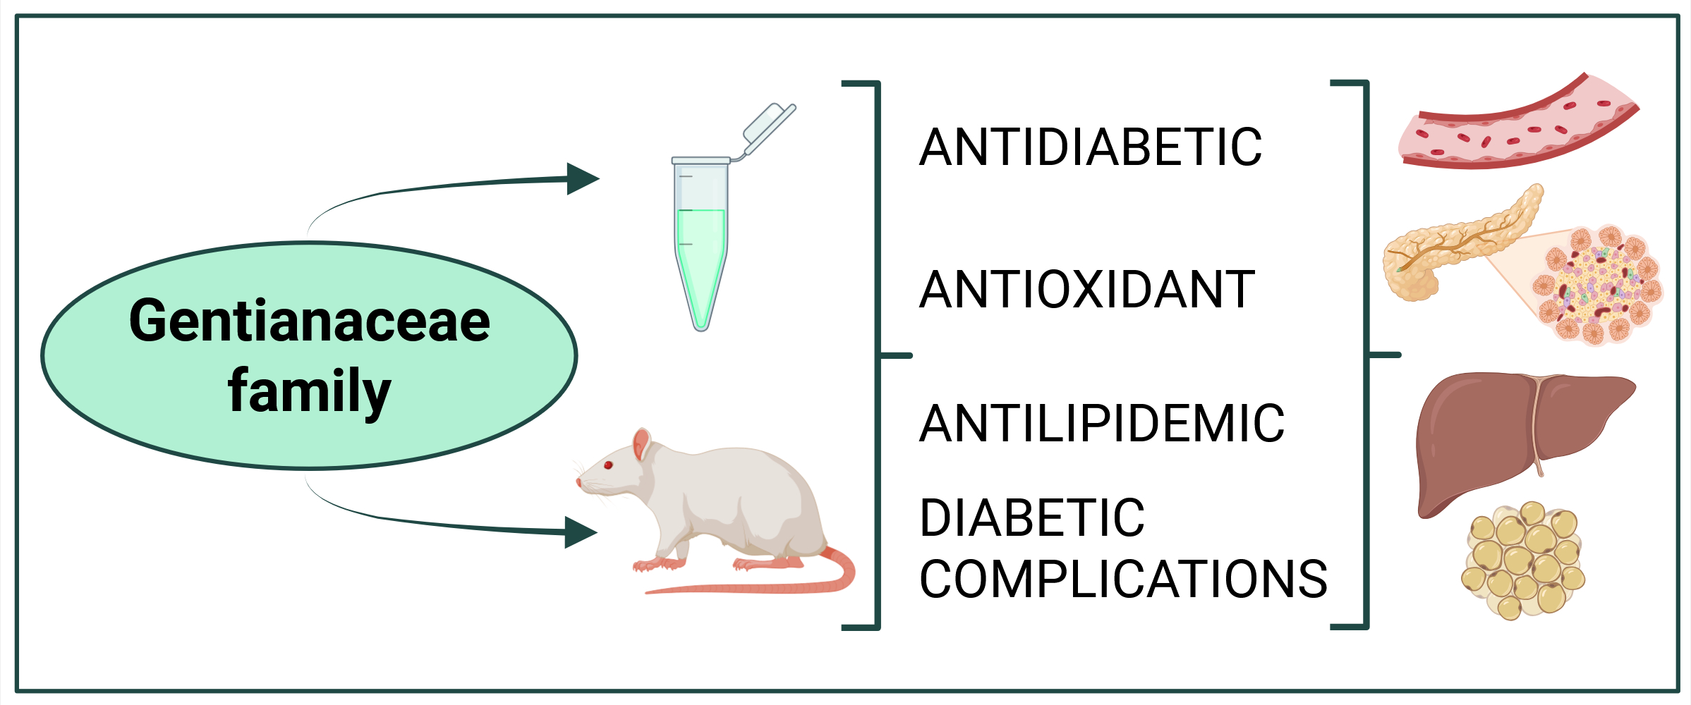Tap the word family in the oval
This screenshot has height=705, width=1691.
click(309, 392)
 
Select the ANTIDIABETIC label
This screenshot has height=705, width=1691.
click(1090, 147)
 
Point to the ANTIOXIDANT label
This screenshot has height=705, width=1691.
click(1087, 290)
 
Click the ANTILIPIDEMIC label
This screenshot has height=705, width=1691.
click(1101, 424)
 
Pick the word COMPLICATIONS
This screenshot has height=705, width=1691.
click(1123, 580)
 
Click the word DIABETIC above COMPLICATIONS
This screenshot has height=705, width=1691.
click(1032, 518)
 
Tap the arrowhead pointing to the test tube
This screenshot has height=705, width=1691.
click(582, 179)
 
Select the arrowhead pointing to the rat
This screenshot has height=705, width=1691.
click(580, 532)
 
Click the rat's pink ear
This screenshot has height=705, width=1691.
click(641, 444)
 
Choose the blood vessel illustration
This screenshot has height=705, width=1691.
click(1517, 127)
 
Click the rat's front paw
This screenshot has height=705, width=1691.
click(653, 564)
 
